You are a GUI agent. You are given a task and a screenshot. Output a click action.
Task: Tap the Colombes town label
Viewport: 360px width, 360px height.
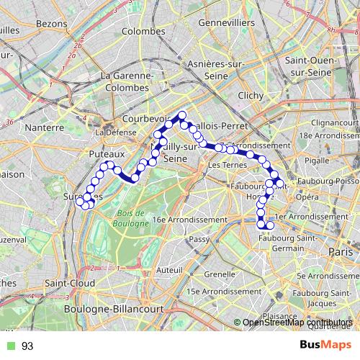[143, 31]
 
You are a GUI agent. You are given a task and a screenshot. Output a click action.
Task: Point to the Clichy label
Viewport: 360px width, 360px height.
[251, 95]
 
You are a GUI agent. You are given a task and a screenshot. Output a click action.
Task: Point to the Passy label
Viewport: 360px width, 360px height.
[199, 238]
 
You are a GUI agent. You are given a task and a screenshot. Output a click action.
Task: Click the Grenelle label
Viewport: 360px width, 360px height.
[218, 274]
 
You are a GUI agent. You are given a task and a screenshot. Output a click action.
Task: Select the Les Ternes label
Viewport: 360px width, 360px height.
[225, 165]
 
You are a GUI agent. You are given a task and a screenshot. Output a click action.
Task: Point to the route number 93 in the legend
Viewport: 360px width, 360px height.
[27, 346]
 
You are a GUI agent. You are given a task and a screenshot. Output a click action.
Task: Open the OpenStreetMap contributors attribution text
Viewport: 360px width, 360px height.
[297, 323]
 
